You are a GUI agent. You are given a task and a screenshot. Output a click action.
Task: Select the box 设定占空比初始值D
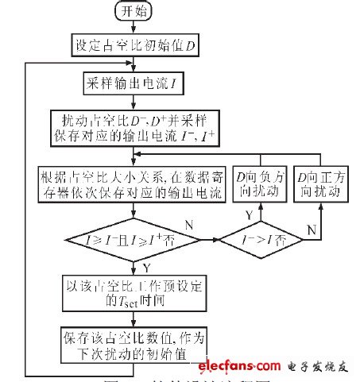coord(130,46)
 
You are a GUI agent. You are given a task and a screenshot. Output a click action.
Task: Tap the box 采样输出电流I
coord(130,83)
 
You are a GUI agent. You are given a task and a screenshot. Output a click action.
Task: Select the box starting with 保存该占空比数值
coord(130,343)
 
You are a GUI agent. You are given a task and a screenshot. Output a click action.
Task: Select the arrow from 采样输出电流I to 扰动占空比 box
coord(130,102)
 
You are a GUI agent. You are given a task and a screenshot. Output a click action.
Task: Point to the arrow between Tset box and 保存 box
coord(130,316)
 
